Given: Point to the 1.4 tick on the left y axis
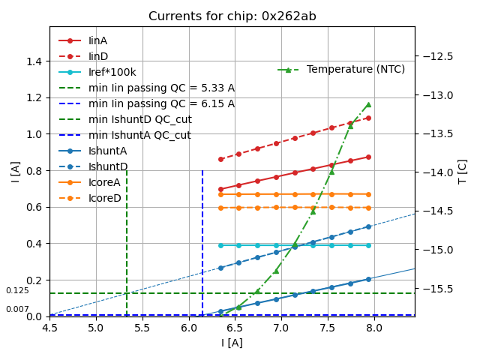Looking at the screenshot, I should click(x=34, y=61).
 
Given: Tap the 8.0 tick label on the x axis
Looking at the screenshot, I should click(x=373, y=328).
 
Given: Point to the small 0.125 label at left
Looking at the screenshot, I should click(x=17, y=291).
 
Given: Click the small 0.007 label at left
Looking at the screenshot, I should click(x=17, y=310).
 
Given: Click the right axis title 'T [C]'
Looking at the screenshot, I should click(x=463, y=171).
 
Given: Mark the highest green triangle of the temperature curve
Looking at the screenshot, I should click(x=368, y=105).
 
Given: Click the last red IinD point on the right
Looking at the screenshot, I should click(x=368, y=118).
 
